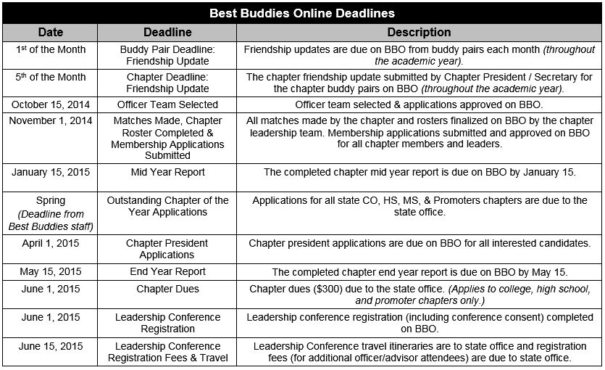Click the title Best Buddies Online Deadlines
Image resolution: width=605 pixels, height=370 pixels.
(302, 14)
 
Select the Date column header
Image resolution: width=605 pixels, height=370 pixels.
(51, 33)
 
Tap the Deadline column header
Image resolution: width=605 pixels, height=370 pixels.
(167, 33)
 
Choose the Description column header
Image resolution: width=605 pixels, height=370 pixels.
(419, 33)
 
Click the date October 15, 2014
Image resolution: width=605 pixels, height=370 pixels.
(51, 104)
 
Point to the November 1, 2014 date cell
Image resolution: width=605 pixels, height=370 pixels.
(51, 120)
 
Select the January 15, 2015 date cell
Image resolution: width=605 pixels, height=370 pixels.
(51, 173)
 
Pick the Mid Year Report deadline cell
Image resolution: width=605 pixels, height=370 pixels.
(167, 173)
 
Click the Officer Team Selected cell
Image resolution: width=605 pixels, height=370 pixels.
(167, 104)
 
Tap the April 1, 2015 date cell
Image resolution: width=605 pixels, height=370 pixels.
(51, 243)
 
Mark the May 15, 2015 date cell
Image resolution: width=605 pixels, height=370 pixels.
(51, 272)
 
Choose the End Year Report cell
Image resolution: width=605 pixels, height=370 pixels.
(167, 272)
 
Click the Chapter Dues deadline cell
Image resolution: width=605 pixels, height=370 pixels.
(167, 289)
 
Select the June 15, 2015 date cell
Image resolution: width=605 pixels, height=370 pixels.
(51, 346)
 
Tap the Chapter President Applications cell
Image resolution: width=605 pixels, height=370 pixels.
(167, 249)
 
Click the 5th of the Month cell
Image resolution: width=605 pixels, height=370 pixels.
(51, 78)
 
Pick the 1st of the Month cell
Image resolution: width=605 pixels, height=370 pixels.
(51, 50)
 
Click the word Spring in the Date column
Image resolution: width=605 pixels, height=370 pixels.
(51, 200)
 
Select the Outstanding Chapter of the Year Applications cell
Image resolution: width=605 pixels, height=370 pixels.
(167, 206)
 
